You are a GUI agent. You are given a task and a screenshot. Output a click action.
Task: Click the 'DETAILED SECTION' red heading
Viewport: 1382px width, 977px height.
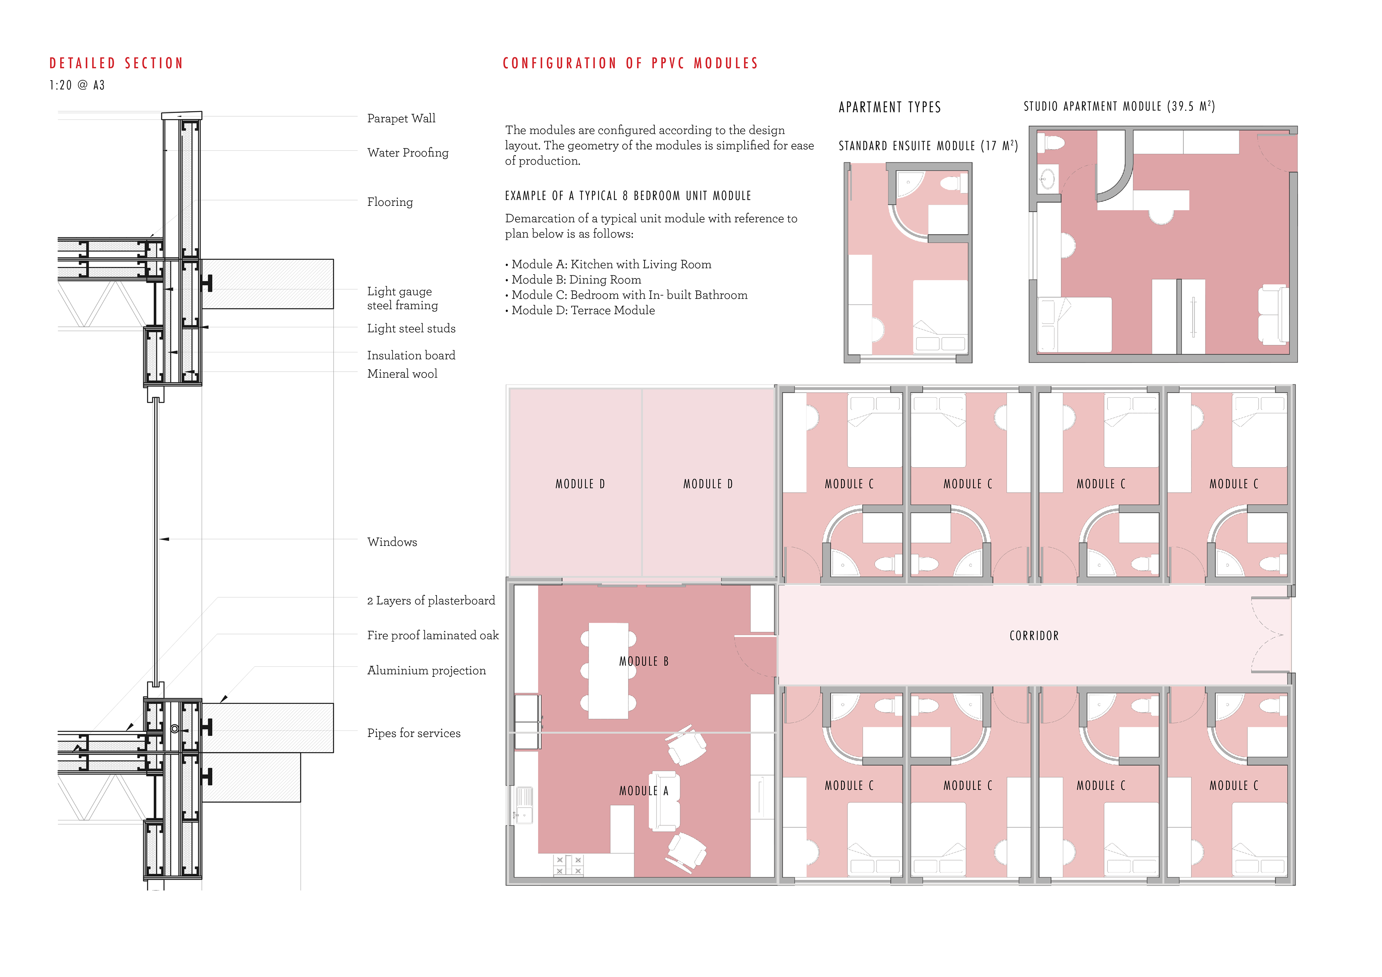[116, 63]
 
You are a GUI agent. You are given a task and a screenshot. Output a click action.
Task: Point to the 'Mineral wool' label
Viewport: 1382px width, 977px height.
[402, 374]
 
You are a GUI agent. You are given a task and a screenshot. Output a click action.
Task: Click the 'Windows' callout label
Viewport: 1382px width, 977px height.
[392, 542]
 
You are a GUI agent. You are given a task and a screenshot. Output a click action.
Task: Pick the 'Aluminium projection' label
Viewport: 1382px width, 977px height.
[426, 671]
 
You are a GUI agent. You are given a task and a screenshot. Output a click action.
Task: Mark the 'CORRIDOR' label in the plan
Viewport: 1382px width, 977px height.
[1034, 636]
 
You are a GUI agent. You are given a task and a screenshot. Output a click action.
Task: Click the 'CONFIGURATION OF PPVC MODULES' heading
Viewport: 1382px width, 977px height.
[630, 63]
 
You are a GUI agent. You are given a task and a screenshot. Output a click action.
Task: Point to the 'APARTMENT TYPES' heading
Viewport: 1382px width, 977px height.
[890, 107]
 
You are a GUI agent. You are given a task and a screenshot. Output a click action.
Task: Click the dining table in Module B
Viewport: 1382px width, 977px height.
[609, 671]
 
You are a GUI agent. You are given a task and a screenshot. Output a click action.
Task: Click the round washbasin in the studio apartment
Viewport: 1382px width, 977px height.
[1047, 178]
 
